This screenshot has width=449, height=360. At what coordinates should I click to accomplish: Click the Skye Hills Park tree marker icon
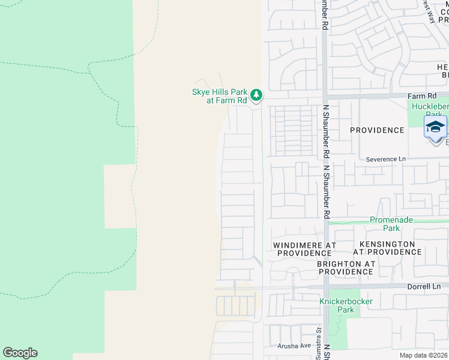coord(256,94)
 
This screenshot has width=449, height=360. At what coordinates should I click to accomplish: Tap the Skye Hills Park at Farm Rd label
coord(219,96)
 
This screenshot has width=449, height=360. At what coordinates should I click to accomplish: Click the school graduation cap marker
coord(435,127)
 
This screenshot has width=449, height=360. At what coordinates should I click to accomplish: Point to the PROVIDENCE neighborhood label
coord(377,130)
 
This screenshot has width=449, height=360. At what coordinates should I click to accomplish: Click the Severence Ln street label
coord(385,159)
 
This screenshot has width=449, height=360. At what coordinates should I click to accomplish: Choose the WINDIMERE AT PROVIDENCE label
coord(302,249)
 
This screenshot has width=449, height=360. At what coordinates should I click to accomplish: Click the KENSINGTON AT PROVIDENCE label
coord(387,248)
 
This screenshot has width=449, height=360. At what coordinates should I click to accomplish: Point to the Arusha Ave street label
coord(294,346)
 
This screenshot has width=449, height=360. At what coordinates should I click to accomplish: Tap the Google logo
coord(20,353)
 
